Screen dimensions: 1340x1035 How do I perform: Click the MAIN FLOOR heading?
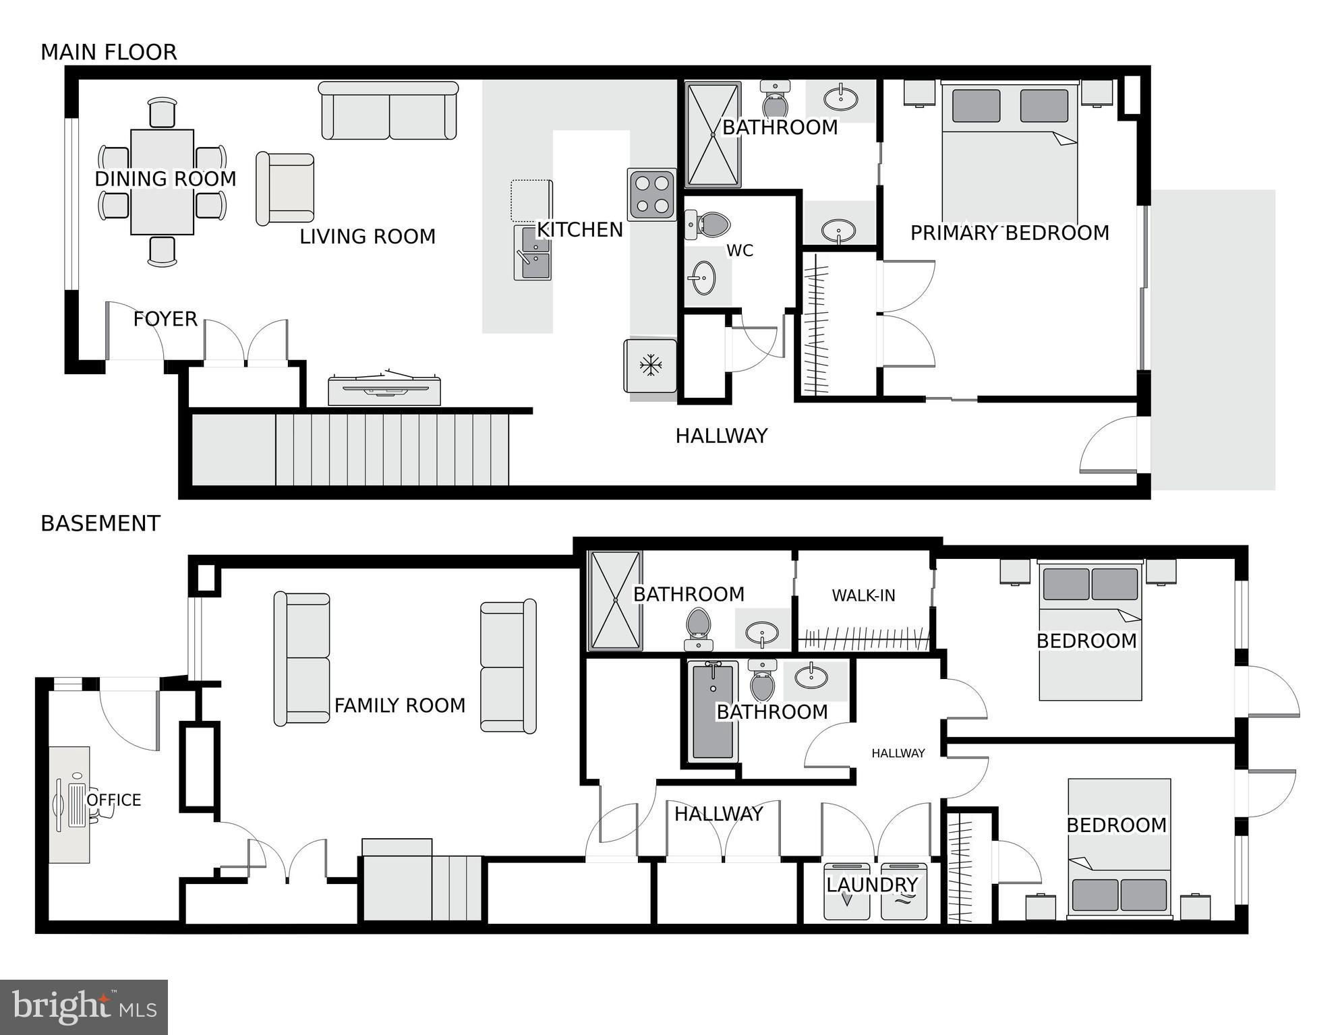[x=109, y=52]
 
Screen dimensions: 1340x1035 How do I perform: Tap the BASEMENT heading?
[x=100, y=523]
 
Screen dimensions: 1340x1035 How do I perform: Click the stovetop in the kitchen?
[x=652, y=194]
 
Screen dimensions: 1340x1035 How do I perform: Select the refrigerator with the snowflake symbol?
[x=650, y=366]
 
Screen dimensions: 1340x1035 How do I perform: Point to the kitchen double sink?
[x=533, y=253]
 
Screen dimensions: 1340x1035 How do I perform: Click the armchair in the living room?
[x=285, y=189]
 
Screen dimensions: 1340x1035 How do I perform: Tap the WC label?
[x=740, y=251]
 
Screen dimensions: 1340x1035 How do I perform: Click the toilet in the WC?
[x=707, y=225]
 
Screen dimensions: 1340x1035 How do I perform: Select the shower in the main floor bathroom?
[x=713, y=135]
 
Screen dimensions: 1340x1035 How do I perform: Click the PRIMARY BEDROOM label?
[x=1010, y=233]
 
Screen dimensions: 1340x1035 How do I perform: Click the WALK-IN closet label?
[x=863, y=595]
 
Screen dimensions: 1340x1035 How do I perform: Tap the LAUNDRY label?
[x=872, y=885]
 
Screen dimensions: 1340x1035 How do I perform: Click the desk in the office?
[x=69, y=804]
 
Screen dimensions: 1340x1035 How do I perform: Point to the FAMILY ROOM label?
[x=400, y=705]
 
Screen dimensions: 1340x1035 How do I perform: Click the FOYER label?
[x=165, y=319]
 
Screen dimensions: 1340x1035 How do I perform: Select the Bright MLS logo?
[x=84, y=1007]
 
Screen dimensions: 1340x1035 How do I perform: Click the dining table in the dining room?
[x=162, y=182]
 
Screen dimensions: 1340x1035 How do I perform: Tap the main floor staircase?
[x=350, y=449]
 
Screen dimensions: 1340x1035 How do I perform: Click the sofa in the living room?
[x=388, y=111]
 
